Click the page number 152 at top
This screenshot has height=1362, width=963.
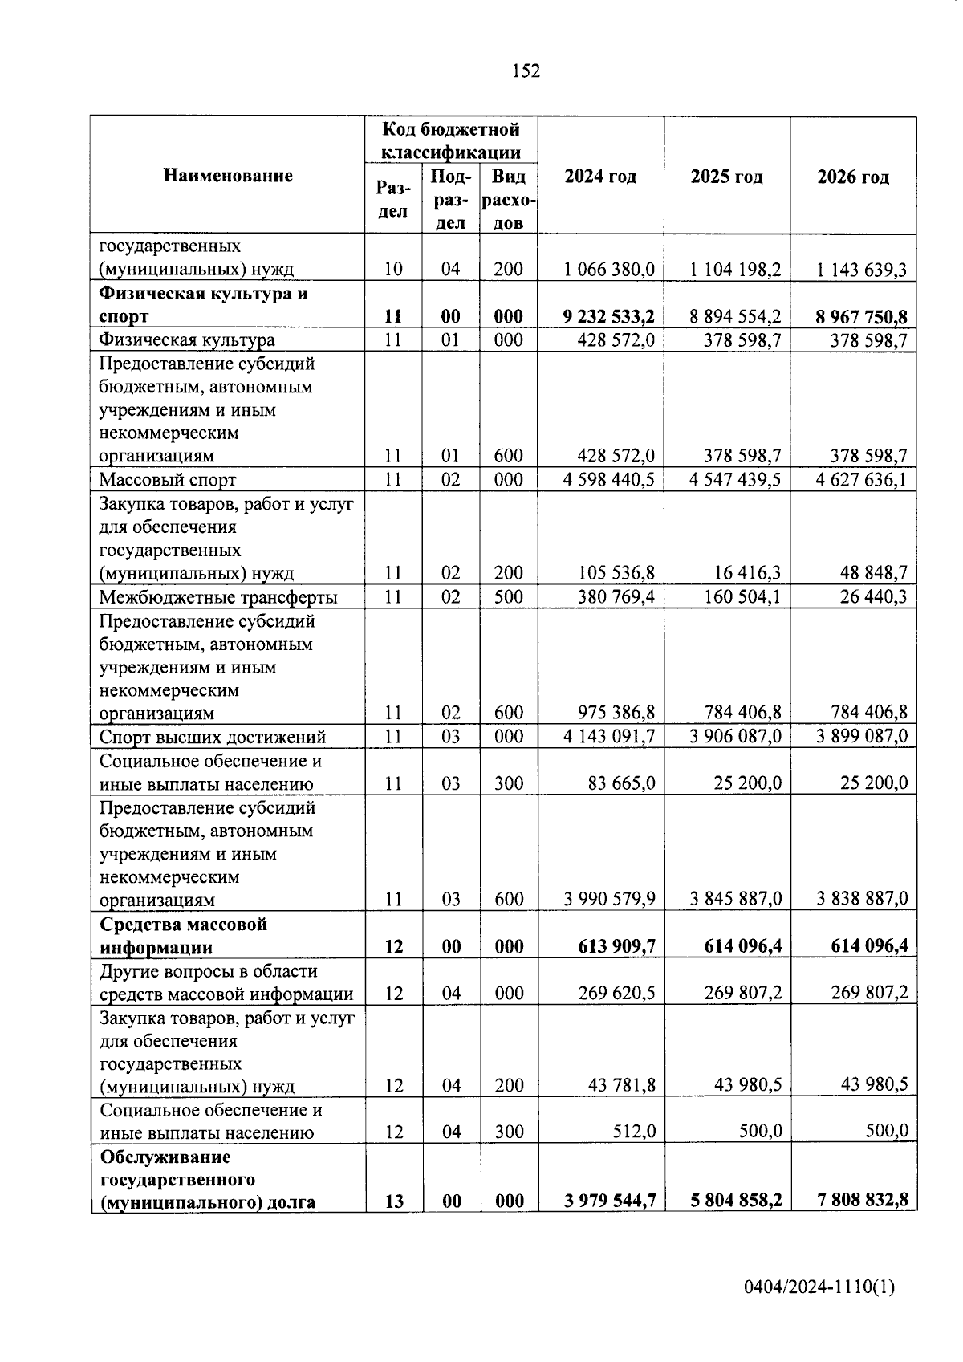point(526,71)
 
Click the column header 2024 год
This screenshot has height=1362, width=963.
point(600,177)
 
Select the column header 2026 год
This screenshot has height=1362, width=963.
point(853,177)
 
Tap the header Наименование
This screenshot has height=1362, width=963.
point(228,175)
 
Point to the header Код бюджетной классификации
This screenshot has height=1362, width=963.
point(451,140)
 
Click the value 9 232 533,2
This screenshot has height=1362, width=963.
point(608,316)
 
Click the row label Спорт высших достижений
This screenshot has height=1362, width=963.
point(213,737)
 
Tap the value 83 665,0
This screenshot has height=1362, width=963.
point(621,783)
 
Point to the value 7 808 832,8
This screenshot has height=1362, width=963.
point(863,1201)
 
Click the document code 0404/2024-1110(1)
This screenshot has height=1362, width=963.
point(819,1288)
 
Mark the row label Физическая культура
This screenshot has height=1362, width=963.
point(186,340)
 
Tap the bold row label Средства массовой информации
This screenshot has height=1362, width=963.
point(183,936)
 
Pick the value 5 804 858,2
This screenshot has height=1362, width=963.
point(735,1201)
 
